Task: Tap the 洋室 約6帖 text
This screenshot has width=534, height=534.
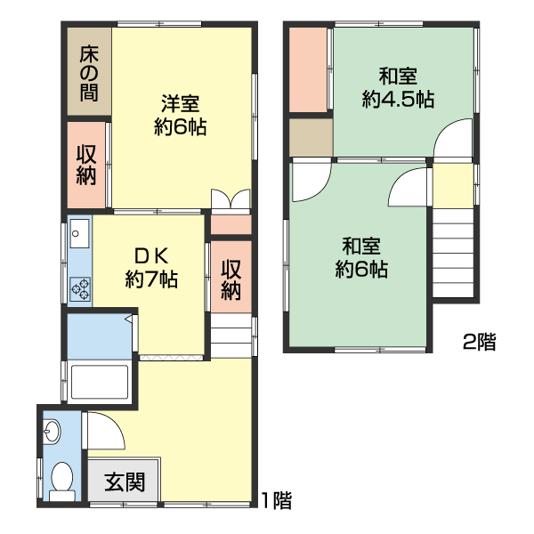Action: coord(181,115)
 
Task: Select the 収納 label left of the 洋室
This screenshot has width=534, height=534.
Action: coord(86,165)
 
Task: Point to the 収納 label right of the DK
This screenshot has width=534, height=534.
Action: coord(231,279)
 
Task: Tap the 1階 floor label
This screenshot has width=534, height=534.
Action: coord(276,500)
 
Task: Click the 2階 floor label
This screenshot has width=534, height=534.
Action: coord(479,341)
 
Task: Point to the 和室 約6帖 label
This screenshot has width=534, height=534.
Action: coord(360,257)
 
